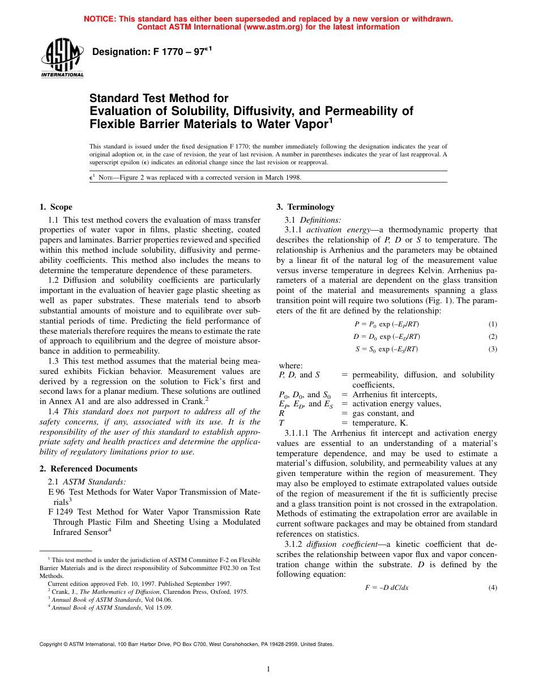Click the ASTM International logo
62,59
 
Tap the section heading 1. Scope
55,207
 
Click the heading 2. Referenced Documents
88,469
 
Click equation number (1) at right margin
492,324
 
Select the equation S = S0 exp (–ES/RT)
387,349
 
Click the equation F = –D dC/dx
387,588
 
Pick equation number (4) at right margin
492,588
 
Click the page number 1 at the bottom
268,669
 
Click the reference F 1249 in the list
61,512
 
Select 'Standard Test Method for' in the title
159,98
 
